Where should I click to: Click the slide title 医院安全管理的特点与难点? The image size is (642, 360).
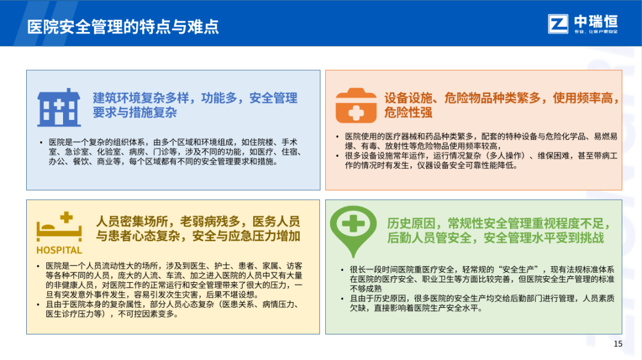[123, 27]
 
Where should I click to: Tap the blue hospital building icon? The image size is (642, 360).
[59, 107]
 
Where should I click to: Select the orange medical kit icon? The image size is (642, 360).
[356, 106]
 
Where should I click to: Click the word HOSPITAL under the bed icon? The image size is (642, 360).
[59, 250]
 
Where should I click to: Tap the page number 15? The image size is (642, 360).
[618, 344]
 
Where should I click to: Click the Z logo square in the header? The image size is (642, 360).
[558, 24]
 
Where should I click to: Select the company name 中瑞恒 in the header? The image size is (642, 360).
[596, 21]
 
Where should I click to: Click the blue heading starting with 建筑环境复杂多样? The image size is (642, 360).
[195, 105]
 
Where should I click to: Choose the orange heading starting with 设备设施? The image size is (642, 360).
[501, 105]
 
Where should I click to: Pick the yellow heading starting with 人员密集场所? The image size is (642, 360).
[198, 229]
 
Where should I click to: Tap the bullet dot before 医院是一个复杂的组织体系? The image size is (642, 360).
[41, 143]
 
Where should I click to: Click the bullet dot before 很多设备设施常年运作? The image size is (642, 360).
[338, 156]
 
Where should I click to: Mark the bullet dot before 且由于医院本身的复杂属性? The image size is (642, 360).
[38, 305]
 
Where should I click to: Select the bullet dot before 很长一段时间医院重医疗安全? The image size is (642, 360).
[342, 270]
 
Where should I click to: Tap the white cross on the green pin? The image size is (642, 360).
[353, 224]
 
